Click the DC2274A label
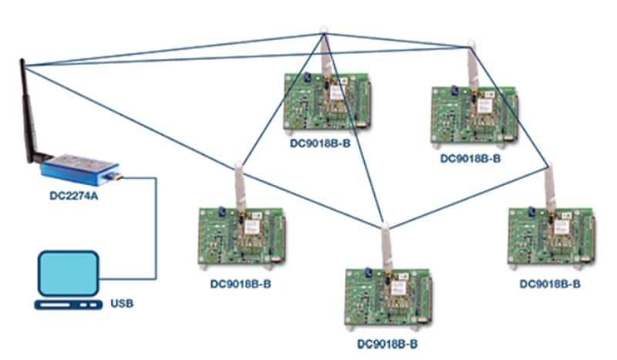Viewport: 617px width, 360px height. tap(75, 197)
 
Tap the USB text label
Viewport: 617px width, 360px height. tap(122, 303)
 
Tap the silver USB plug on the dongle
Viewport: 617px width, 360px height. tap(116, 178)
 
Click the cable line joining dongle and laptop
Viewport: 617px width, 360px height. tap(157, 231)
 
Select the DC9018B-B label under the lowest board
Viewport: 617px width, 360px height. tap(388, 342)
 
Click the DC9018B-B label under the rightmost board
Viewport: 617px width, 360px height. tap(551, 283)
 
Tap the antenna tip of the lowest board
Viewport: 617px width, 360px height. tap(383, 227)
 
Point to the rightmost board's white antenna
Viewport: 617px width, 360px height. tap(549, 189)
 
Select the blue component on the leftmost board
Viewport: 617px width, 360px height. tap(219, 211)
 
